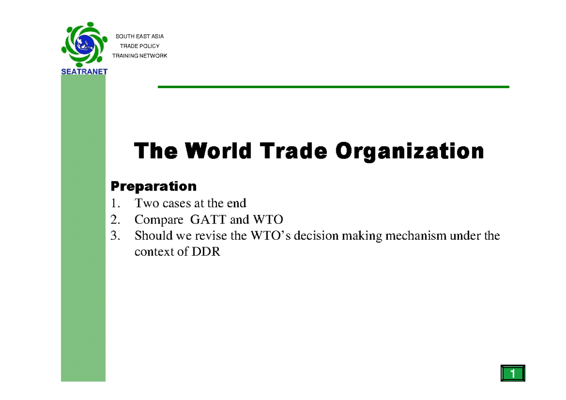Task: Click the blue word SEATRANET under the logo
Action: pos(84,72)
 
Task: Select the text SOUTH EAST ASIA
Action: pos(140,36)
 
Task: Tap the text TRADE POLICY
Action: pos(140,46)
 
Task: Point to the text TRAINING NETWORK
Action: pos(140,56)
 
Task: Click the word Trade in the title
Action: pos(293,151)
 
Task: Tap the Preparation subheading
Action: pos(153,186)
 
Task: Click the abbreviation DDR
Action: pos(206,251)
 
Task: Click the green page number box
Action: pos(512,374)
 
